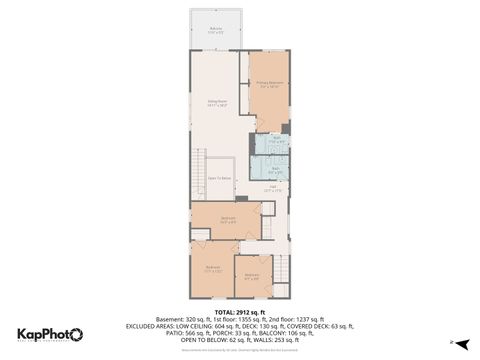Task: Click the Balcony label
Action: (216, 31)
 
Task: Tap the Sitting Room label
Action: (215, 103)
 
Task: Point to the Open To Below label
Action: (220, 180)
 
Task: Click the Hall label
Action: (272, 187)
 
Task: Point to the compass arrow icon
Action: (452, 342)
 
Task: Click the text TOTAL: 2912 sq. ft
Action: (240, 312)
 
